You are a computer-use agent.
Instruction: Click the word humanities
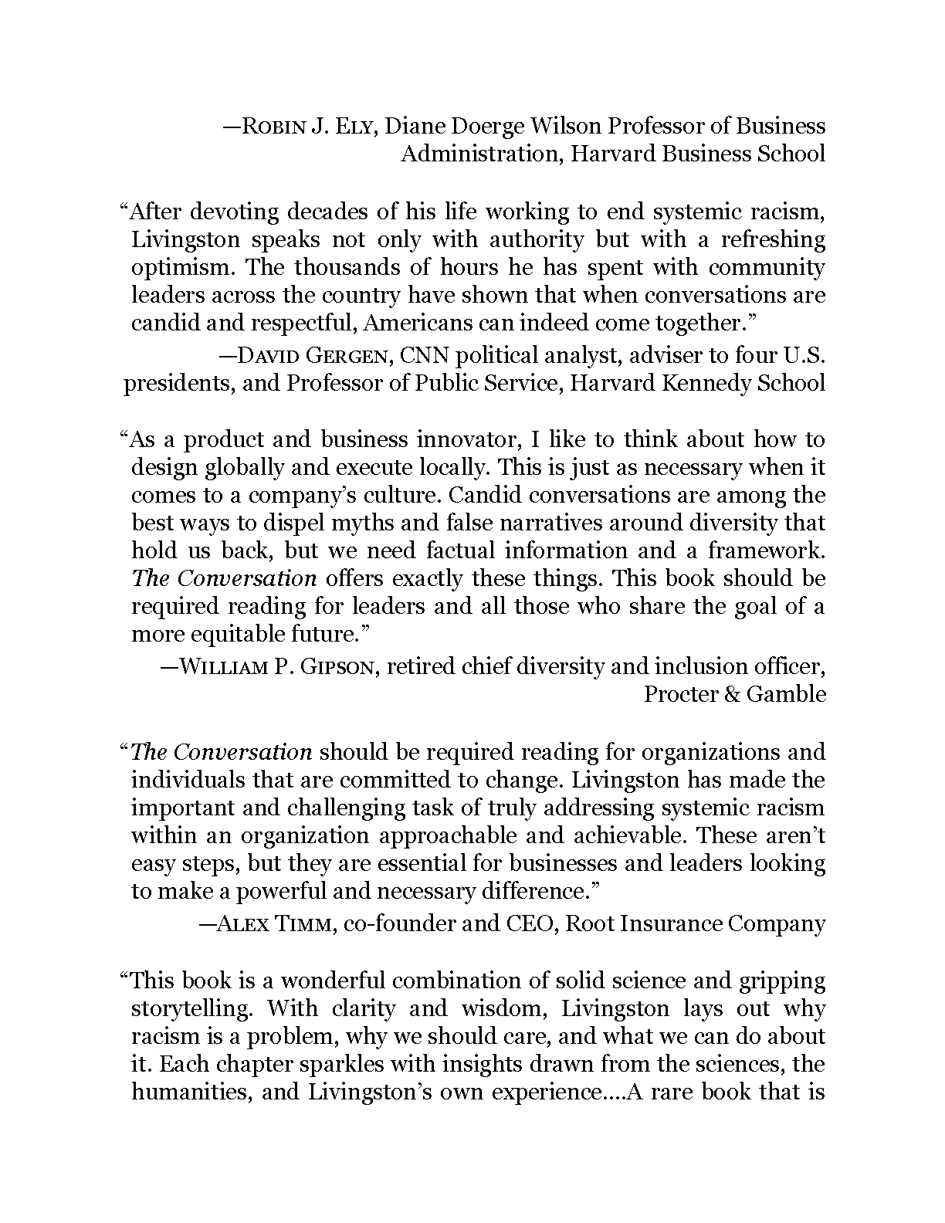coord(190,1093)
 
